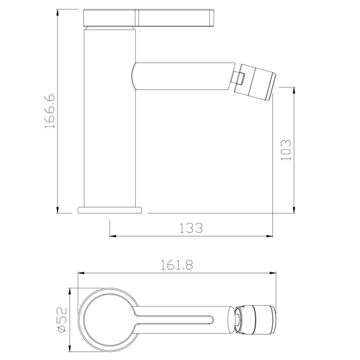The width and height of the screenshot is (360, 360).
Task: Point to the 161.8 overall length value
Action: coord(178,265)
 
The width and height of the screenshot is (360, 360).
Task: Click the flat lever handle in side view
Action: coord(149,18)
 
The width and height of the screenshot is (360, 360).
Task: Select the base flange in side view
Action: coord(111,210)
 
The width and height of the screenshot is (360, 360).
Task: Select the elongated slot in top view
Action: coord(176,318)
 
